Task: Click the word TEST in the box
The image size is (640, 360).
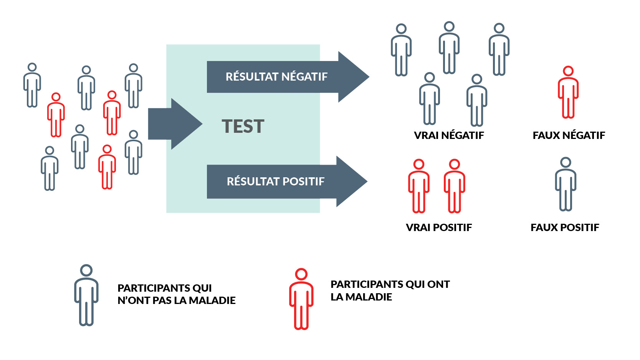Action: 243,126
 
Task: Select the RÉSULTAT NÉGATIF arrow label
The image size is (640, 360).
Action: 276,77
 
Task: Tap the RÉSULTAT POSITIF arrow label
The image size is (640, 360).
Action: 276,182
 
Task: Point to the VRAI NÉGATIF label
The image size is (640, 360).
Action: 449,135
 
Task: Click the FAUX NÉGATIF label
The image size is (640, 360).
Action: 569,135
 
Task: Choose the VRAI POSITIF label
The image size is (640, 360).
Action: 439,228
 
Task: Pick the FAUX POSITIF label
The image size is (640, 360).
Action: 565,228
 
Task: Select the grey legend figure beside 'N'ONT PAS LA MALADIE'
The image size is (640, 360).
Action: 86,296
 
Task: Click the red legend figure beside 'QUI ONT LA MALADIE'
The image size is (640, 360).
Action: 301,299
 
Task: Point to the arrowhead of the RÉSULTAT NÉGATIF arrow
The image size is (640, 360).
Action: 353,77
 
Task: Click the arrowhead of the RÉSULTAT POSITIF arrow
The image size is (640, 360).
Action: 352,182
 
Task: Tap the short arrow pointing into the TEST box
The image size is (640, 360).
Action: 175,124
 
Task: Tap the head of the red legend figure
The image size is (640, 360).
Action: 301,274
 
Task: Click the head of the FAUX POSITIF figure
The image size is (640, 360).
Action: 566,162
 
